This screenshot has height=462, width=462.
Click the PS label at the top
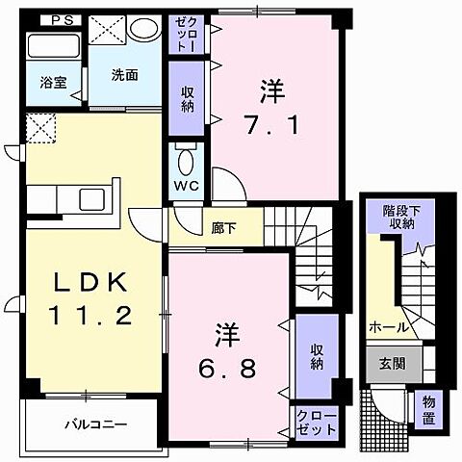pos(62,21)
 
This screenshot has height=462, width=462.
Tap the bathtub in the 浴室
pos(53,46)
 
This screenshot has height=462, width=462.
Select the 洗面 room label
pos(125,75)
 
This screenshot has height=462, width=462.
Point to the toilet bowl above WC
pos(186,161)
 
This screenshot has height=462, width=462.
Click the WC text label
pos(187,186)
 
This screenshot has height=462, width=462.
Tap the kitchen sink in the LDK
pos(91,199)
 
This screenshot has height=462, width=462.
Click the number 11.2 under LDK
pos(90,316)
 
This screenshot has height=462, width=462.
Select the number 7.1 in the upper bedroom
pos(272,125)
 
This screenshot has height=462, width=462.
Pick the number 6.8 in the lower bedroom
pos(227,368)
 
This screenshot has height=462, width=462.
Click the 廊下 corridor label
pos(223,228)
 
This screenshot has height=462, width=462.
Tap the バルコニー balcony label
pos(96,425)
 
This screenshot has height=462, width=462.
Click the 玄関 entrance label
pos(393,364)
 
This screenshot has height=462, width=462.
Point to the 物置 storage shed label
pos(428,410)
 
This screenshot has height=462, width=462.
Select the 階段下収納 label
pos(401,218)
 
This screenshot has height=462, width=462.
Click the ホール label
pos(389,327)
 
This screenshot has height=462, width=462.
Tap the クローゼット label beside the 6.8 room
pos(317,423)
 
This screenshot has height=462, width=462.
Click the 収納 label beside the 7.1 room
pos(188,99)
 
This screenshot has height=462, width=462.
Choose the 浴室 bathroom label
pos(54,83)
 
